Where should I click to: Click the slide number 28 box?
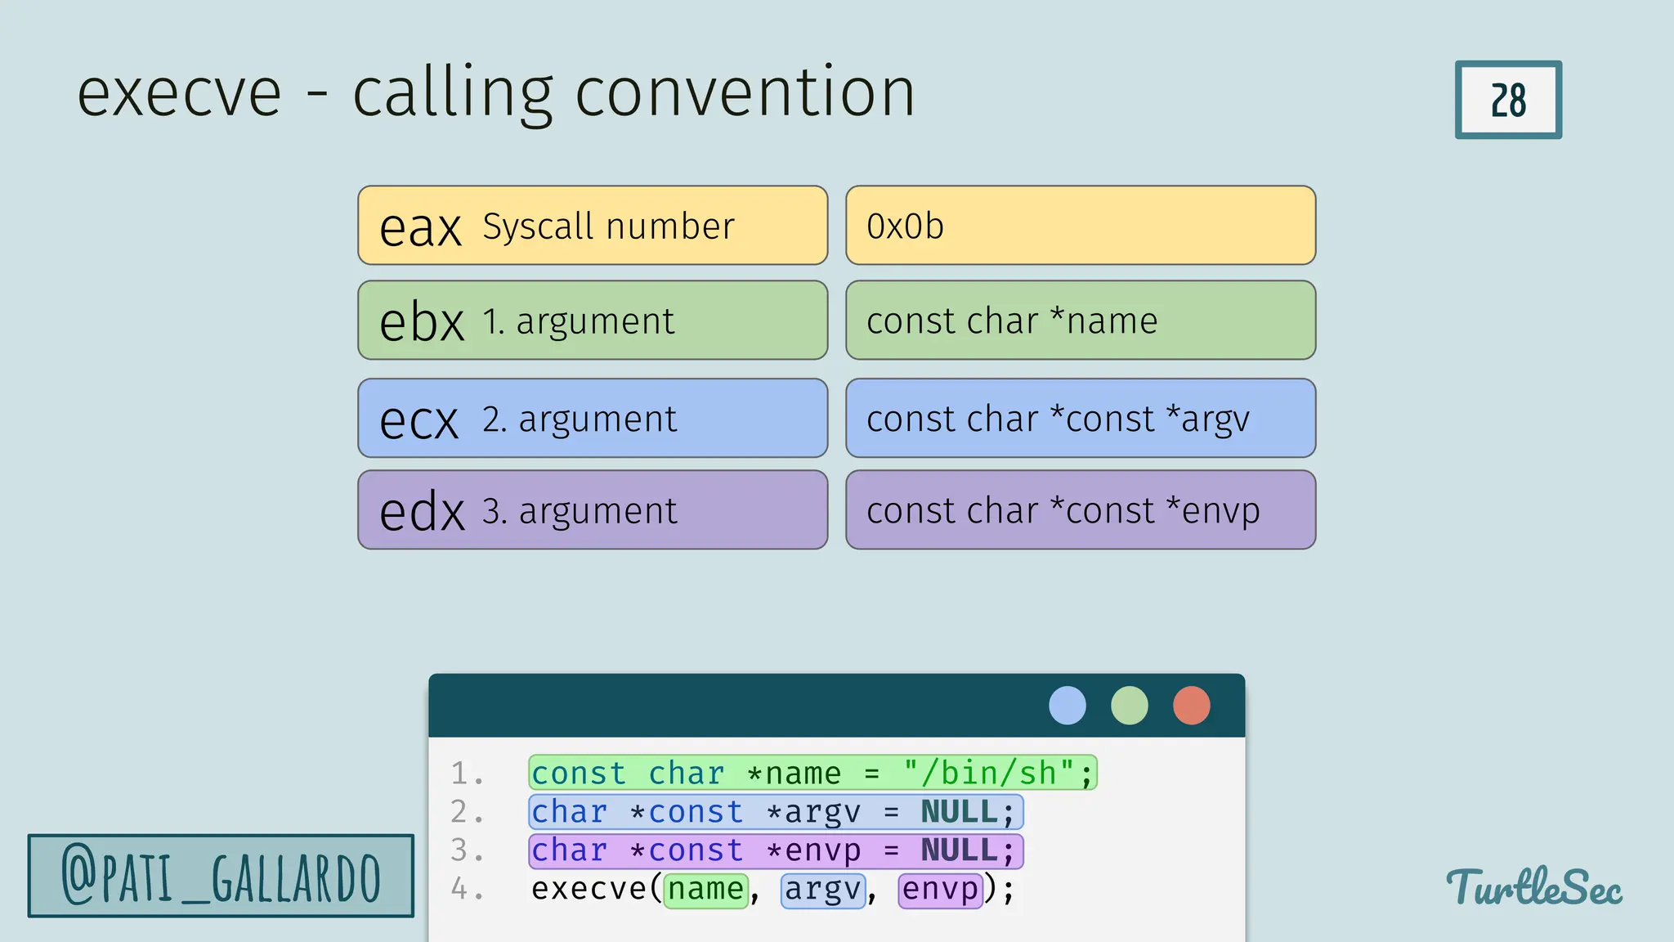click(1508, 100)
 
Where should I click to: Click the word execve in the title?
click(179, 94)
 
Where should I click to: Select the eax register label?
click(420, 228)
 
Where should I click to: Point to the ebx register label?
click(422, 322)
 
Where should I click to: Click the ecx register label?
click(418, 420)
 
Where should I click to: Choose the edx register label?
click(422, 512)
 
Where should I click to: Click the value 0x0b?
click(905, 227)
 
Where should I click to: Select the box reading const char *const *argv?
click(1080, 419)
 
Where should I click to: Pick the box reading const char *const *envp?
click(1080, 510)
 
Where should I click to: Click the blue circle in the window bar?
click(1068, 705)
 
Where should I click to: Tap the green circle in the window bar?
click(1130, 705)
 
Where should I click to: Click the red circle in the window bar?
click(1192, 705)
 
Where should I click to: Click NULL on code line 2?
click(959, 812)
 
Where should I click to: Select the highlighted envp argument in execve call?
click(940, 890)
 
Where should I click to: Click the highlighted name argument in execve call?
click(705, 890)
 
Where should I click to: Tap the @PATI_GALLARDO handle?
click(221, 877)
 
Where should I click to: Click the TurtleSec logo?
click(1533, 887)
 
